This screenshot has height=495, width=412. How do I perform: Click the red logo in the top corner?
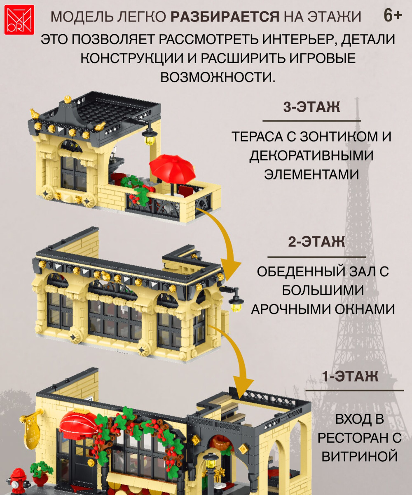(19, 20)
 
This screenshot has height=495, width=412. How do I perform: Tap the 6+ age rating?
(393, 16)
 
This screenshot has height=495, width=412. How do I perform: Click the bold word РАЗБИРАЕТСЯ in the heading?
(225, 16)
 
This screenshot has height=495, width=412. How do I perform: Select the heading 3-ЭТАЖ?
(311, 107)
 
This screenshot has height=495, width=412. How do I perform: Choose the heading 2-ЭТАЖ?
(316, 242)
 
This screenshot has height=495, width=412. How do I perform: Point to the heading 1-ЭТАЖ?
(350, 376)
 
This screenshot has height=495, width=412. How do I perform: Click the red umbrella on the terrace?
(173, 170)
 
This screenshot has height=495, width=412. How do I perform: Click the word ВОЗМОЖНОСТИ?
(218, 77)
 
